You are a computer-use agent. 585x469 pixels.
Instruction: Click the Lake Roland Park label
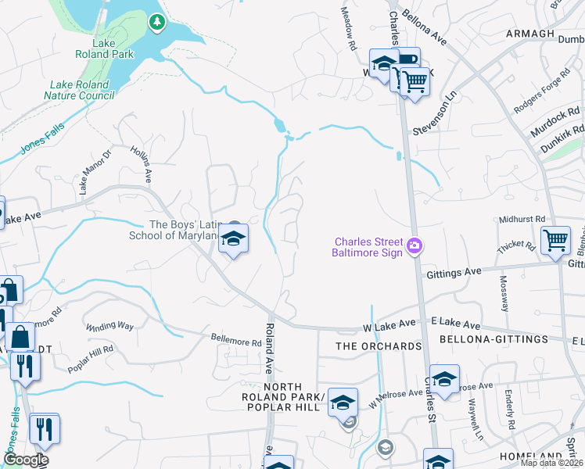click(114, 48)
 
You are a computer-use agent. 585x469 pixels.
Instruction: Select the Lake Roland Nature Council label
click(81, 90)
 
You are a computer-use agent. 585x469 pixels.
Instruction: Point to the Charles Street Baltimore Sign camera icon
click(415, 246)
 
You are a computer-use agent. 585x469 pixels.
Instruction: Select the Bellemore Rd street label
click(235, 342)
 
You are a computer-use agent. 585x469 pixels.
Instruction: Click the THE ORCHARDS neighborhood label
click(379, 345)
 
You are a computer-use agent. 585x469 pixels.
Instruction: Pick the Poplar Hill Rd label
click(91, 353)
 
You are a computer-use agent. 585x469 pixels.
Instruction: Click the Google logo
click(25, 460)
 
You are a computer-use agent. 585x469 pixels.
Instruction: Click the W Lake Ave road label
click(389, 323)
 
